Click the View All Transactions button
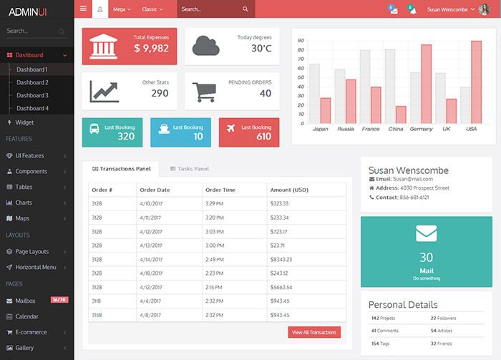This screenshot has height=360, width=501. click(x=314, y=332)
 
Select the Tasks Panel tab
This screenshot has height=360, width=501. click(x=189, y=169)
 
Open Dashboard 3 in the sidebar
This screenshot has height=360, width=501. click(x=32, y=95)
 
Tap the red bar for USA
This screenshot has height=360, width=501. click(x=476, y=82)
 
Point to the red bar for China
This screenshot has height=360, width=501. click(x=401, y=115)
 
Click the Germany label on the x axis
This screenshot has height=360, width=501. click(x=421, y=129)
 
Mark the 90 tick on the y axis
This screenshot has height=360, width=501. click(x=300, y=41)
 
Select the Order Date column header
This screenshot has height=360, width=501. click(x=155, y=190)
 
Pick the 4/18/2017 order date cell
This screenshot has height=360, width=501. click(x=152, y=273)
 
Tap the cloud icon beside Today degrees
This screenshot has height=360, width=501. click(x=205, y=45)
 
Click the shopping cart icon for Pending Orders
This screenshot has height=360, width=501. click(x=204, y=91)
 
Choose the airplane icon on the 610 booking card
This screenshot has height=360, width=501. click(x=230, y=128)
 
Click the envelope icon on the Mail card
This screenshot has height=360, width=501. click(x=426, y=233)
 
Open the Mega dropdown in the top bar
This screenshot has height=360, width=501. click(x=122, y=9)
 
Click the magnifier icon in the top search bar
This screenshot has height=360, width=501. click(x=245, y=9)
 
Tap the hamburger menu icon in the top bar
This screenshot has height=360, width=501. click(x=84, y=9)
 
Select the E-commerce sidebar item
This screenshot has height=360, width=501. click(x=31, y=332)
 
